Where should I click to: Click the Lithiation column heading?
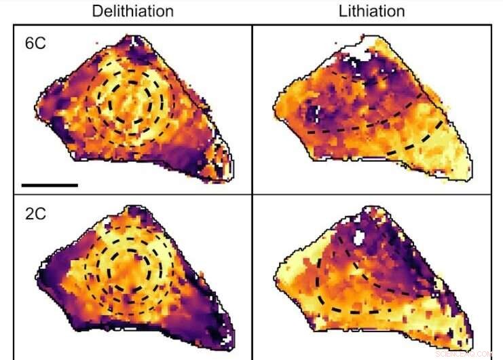click(x=372, y=12)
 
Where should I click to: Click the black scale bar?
click(x=50, y=184)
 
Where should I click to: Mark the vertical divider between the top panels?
click(x=252, y=109)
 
